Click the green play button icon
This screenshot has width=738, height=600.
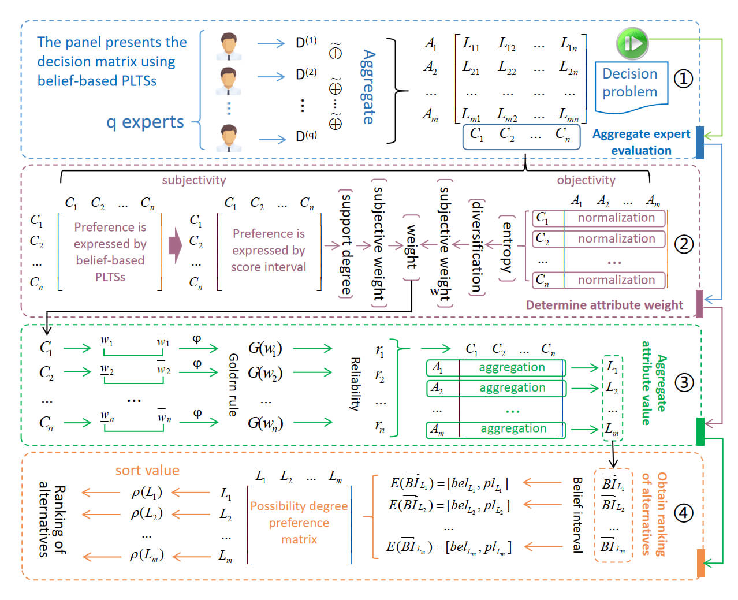coord(632,44)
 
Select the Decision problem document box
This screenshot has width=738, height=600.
coord(631,87)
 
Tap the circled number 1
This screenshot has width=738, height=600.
coord(683,79)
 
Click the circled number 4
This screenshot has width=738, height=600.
coord(683,513)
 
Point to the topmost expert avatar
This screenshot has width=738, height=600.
coord(228,46)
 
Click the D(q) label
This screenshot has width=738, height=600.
coord(306,136)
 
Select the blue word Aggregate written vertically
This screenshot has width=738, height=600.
coord(368,87)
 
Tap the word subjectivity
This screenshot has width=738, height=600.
coord(193,180)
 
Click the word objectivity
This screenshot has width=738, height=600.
coord(586,180)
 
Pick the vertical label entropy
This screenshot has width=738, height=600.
coord(507,247)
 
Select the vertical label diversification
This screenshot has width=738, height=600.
coord(477,247)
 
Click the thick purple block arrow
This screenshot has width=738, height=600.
coord(176,245)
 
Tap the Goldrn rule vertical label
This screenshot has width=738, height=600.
coord(233,385)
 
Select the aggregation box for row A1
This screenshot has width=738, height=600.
coord(496,367)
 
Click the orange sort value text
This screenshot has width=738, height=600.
coord(147,470)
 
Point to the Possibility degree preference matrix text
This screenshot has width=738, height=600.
coord(299,523)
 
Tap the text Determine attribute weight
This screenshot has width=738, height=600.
coord(604,305)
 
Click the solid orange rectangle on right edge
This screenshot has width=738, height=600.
coord(701,563)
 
